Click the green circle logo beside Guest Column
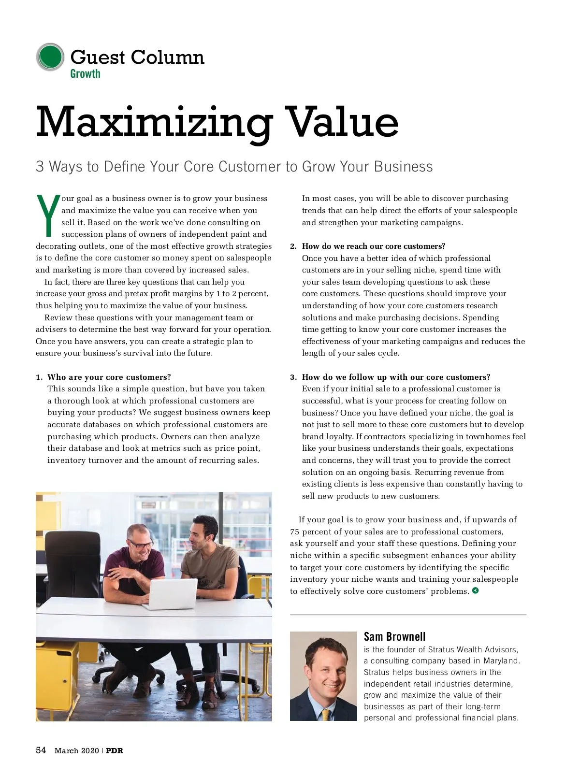(50, 57)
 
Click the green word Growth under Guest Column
(85, 74)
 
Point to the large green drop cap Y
(48, 216)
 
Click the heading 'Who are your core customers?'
(109, 377)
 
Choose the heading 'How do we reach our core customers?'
(374, 246)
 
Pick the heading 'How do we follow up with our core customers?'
(396, 377)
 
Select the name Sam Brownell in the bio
(394, 636)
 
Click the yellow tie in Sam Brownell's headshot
(326, 714)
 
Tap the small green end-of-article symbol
(476, 590)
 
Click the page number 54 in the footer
(41, 750)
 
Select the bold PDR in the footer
(115, 751)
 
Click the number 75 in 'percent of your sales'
(294, 532)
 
